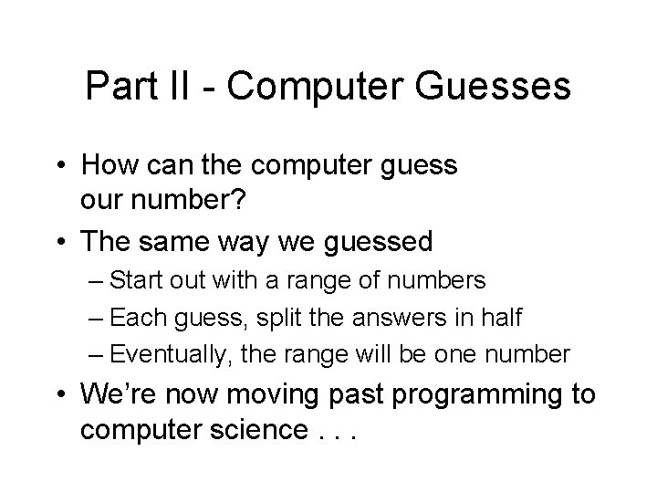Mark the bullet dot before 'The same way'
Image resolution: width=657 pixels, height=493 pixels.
(62, 243)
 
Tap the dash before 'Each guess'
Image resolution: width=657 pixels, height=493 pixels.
(118, 317)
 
